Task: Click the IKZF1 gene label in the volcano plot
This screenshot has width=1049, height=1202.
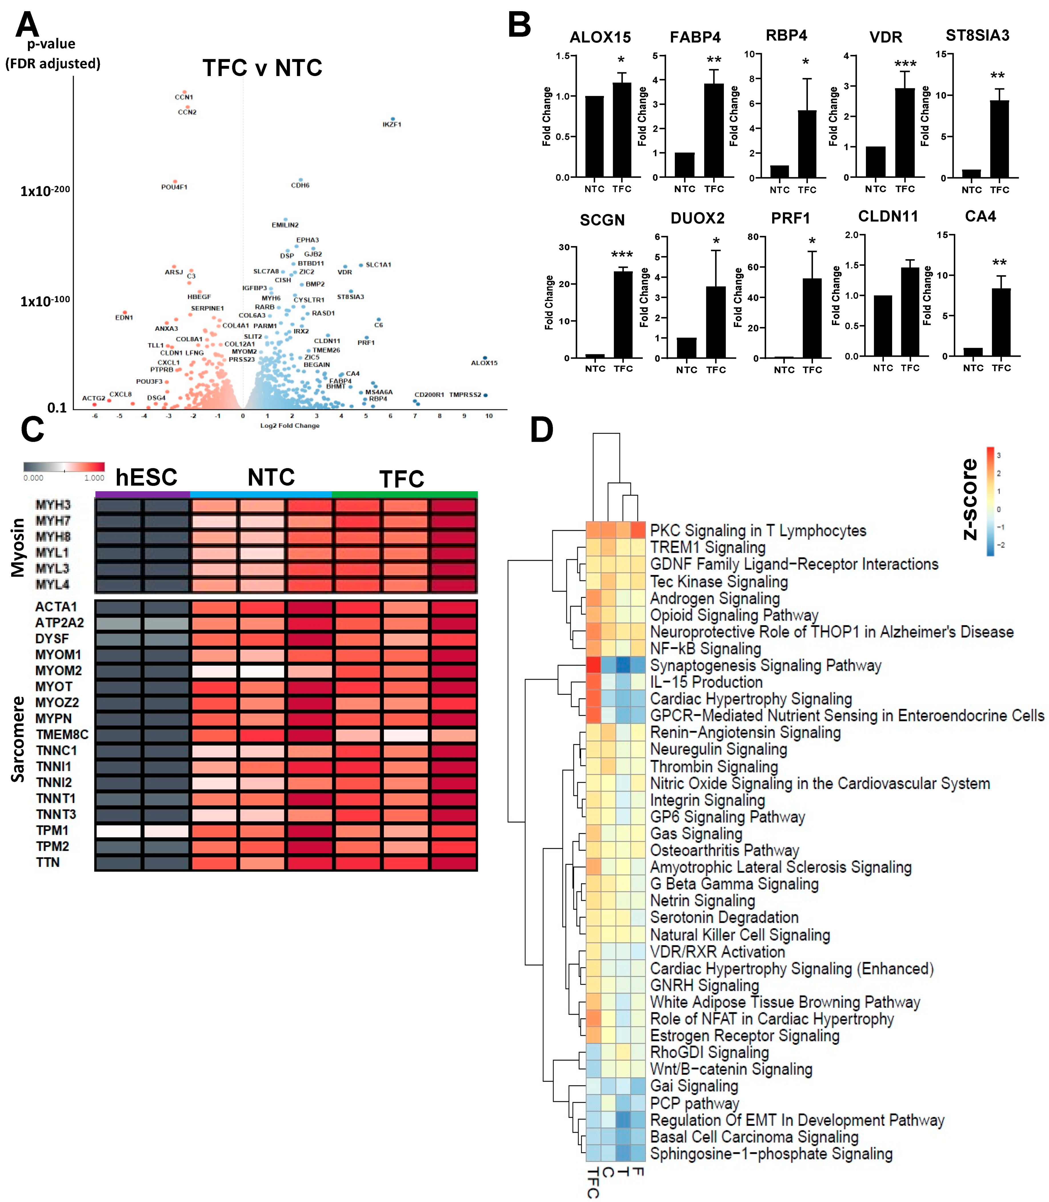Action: (392, 124)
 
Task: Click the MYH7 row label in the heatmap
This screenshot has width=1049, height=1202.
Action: (53, 520)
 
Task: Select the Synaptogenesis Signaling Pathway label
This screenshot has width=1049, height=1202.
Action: (765, 666)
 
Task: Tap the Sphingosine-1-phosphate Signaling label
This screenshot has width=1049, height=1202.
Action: (771, 1154)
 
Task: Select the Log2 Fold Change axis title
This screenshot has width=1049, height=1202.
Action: (290, 426)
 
